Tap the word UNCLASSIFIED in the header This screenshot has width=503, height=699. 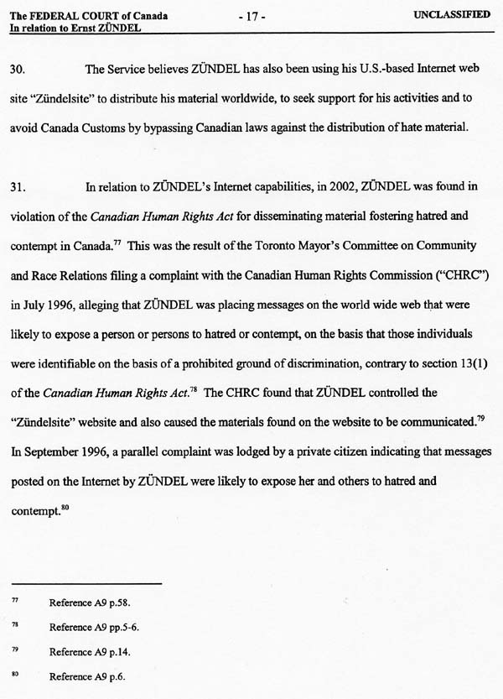click(452, 15)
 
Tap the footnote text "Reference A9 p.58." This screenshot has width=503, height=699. click(90, 602)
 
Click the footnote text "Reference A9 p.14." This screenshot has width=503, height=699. click(90, 651)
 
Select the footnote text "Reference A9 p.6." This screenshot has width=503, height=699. click(87, 676)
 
